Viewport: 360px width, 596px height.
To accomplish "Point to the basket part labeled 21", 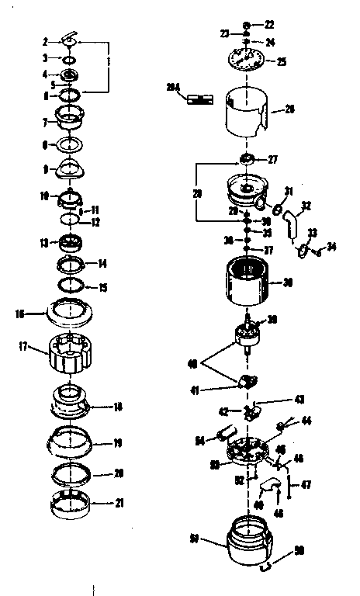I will click(75, 504).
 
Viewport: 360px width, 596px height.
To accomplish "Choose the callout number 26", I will click(289, 109).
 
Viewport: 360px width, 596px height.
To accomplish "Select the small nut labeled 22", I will click(247, 25).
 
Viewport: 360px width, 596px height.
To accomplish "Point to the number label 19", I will click(117, 444).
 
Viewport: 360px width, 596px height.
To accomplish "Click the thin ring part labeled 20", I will click(75, 473).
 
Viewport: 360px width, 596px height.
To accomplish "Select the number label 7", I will click(46, 122).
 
